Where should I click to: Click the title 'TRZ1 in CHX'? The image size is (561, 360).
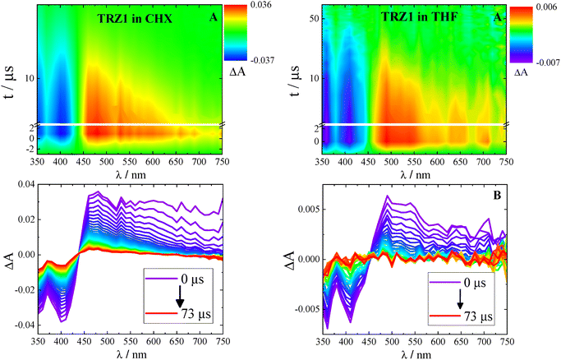pyautogui.click(x=144, y=17)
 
